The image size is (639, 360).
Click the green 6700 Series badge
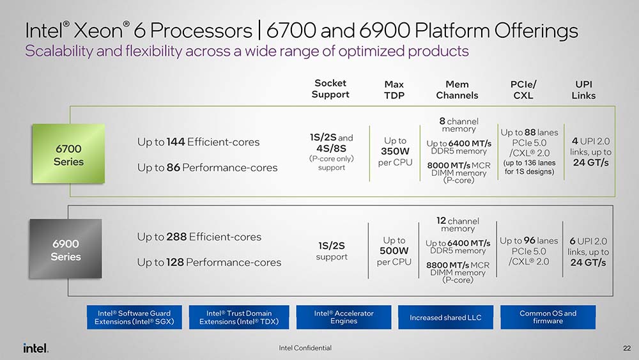(68, 155)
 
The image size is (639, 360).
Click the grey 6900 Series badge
(66, 250)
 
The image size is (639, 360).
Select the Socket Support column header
(330, 89)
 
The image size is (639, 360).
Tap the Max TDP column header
(394, 90)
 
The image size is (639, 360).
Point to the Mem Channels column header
(457, 90)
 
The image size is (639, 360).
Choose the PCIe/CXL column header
(523, 90)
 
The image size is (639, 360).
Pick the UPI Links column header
(583, 90)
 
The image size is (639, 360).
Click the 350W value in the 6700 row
(394, 152)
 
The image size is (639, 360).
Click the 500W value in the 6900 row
(394, 251)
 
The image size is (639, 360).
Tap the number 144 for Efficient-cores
(176, 142)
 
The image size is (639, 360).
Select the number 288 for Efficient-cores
(177, 237)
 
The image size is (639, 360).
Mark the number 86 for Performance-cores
(173, 168)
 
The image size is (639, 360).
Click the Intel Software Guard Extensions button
(134, 317)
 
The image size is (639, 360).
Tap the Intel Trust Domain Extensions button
(239, 317)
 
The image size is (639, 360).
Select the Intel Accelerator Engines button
(343, 317)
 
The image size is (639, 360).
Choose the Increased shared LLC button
(445, 317)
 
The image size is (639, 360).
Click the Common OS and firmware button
(548, 317)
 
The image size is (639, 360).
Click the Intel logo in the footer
(36, 348)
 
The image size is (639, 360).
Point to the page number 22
(626, 348)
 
